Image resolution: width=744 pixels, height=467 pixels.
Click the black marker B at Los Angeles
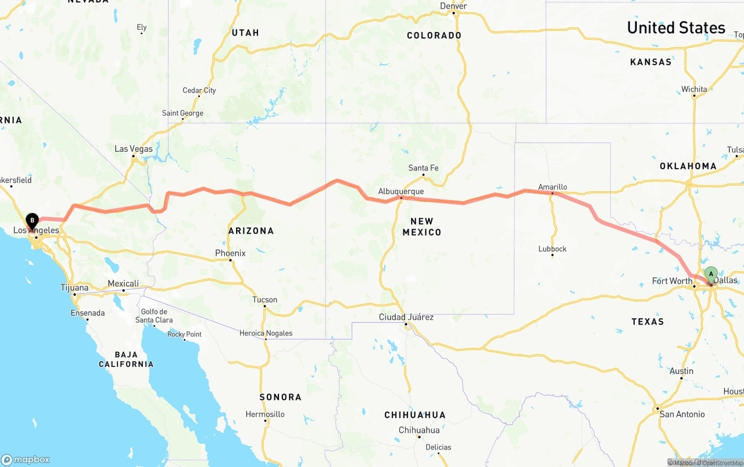32,221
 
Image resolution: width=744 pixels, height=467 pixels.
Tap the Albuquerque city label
400,191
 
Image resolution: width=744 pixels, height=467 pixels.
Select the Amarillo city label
552,187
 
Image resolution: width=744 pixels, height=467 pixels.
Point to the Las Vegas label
133,149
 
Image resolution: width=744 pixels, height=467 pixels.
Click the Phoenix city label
230,253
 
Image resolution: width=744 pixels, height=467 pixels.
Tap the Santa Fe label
423,168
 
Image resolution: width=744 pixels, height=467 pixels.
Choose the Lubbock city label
552,249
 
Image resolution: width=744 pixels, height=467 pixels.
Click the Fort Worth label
672,281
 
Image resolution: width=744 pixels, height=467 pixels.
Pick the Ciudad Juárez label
406,317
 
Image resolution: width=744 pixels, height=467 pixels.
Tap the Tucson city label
264,300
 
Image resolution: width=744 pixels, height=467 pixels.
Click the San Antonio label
682,414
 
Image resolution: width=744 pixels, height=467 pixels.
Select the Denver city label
453,6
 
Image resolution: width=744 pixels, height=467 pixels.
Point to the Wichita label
694,90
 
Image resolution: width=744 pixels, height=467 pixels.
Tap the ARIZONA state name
251,231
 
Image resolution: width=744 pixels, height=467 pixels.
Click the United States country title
675,27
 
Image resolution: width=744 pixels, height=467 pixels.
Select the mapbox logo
26,459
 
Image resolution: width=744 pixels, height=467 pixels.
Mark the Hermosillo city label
265,414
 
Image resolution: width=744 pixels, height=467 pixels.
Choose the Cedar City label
199,90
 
